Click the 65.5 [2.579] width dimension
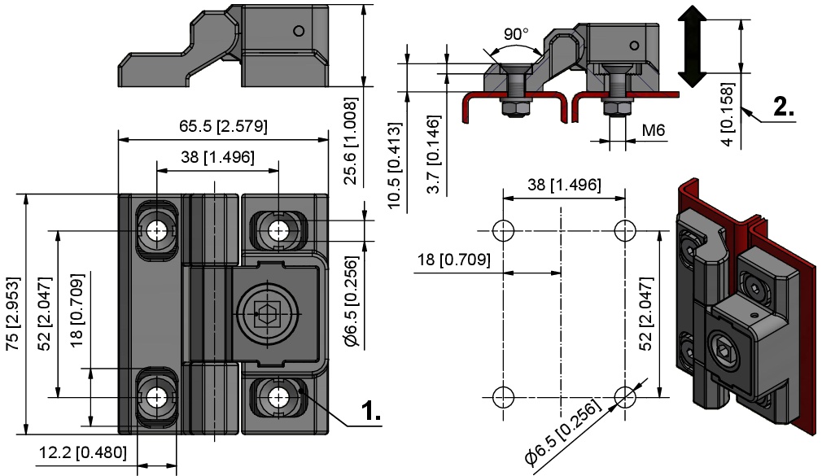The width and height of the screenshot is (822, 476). coord(223,127)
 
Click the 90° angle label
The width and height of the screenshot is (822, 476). coord(516,34)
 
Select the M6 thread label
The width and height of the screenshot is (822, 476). coord(654,130)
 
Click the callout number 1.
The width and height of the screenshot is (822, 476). coord(371,412)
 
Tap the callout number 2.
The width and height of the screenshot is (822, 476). coord(783,107)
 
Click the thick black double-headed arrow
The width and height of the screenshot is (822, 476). coord(691,46)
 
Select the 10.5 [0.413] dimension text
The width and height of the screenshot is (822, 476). coord(396,166)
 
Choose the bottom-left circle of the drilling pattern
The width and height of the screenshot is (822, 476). coord(502,396)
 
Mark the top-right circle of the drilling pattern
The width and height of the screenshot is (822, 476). coord(625,229)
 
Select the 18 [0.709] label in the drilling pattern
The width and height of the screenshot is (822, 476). coord(454,260)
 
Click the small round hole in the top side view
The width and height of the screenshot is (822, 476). coord(300,31)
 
